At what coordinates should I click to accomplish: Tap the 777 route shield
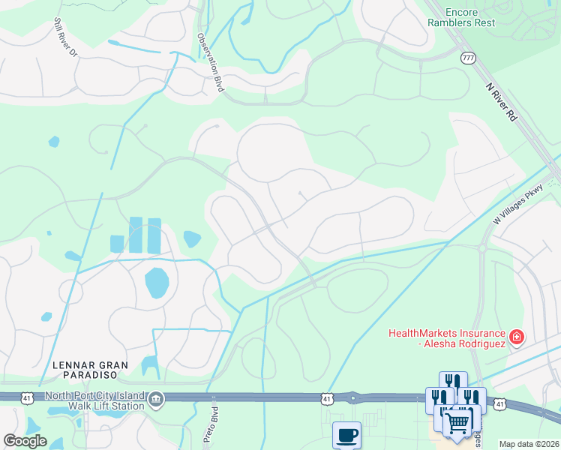[469, 58]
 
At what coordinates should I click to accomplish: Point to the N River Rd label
[502, 101]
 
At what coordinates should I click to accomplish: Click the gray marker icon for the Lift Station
[156, 398]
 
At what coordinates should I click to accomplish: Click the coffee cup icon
[346, 436]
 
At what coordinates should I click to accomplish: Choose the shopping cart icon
[457, 422]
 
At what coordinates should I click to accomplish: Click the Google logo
[25, 440]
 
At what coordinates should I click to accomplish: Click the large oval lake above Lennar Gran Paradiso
[157, 283]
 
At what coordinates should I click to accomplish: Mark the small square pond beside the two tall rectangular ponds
[117, 243]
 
